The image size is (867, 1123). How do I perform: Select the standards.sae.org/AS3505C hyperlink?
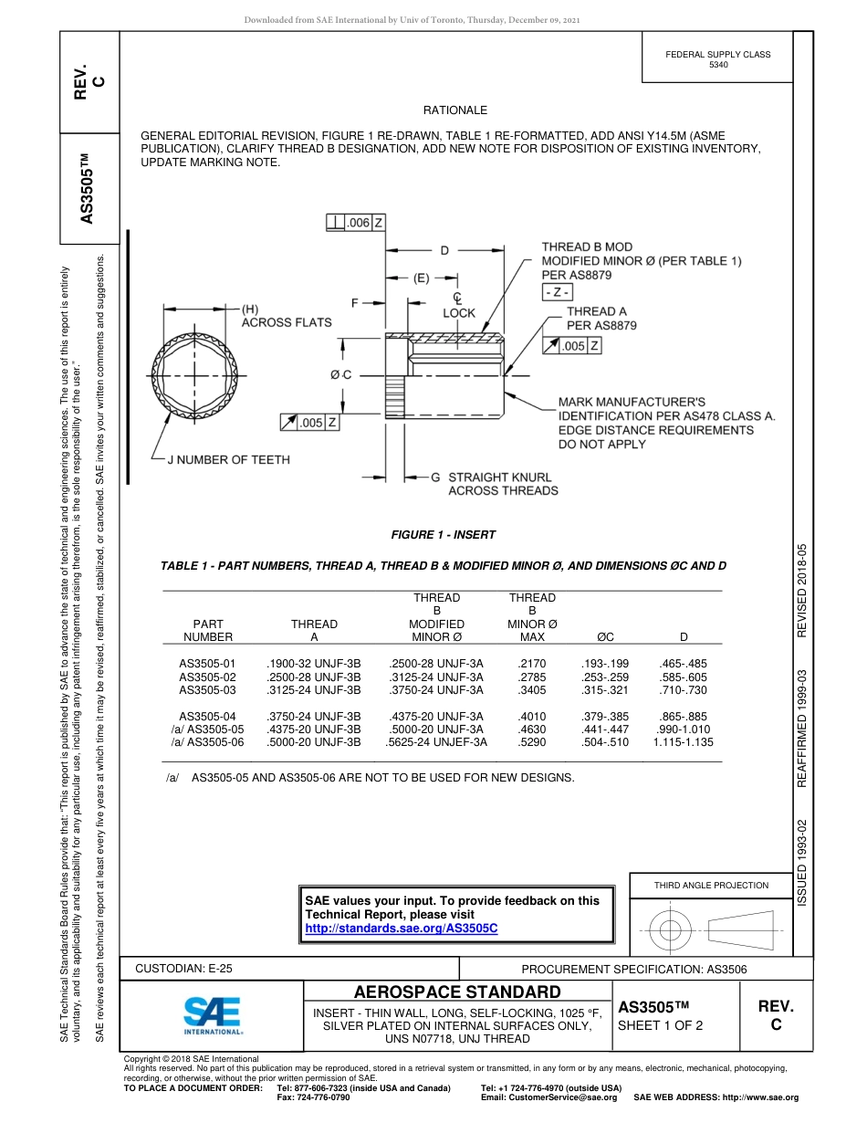coord(401,928)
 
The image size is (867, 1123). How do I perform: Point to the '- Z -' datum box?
coord(557,292)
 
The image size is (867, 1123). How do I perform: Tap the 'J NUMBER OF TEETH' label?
coord(228,459)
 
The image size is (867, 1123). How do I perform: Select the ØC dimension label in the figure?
coord(340,374)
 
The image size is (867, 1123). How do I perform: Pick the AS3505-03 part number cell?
coord(207,689)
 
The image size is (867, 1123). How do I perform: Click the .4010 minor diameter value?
coord(531,717)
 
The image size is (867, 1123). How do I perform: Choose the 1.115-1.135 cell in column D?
coord(683,742)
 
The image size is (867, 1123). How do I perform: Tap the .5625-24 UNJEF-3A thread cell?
coord(436,742)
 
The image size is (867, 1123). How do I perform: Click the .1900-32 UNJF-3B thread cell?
coord(313,664)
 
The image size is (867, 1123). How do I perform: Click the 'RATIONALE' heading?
coord(454,110)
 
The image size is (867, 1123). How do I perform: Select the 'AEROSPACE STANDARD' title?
coord(457,992)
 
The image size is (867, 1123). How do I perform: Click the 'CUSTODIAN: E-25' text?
coord(183,968)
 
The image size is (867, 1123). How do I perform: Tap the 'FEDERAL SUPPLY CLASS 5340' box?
coord(717,59)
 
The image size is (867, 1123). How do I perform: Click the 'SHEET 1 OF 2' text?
coord(660,1024)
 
